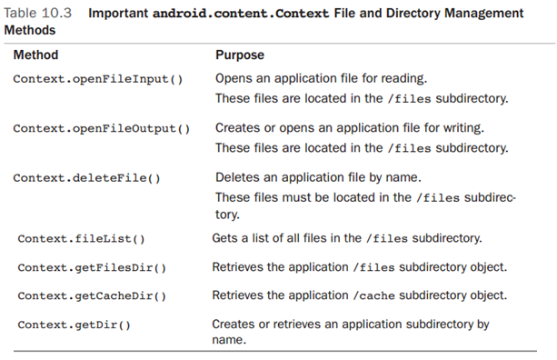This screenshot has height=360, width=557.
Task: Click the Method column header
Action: (x=35, y=55)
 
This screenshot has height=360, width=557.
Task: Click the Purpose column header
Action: (x=240, y=55)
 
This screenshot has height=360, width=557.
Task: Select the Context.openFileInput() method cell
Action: (x=98, y=79)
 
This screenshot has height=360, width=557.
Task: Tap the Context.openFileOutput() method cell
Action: (x=102, y=128)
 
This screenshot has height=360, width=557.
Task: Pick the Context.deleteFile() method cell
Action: (x=87, y=177)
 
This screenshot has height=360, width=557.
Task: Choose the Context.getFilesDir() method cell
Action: (x=92, y=267)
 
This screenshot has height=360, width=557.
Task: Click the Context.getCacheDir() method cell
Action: (x=92, y=295)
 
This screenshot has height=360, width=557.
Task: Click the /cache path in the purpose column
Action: (x=373, y=295)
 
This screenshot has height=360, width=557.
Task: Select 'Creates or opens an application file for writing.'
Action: (x=349, y=128)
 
